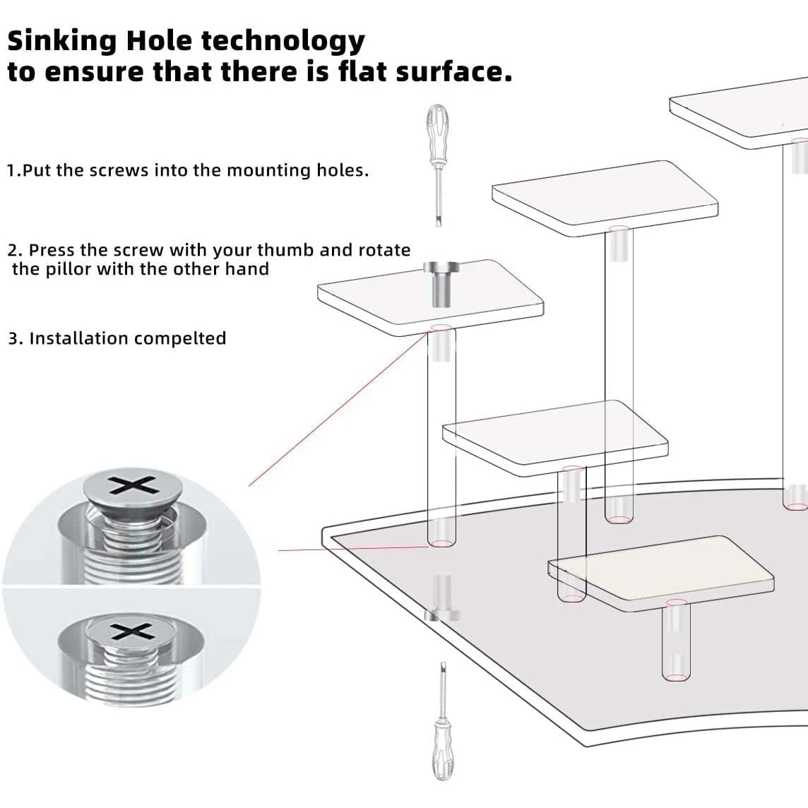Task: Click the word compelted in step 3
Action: (x=180, y=338)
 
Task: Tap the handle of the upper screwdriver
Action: (x=436, y=129)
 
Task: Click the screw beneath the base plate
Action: (x=442, y=598)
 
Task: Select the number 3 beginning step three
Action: (x=13, y=339)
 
